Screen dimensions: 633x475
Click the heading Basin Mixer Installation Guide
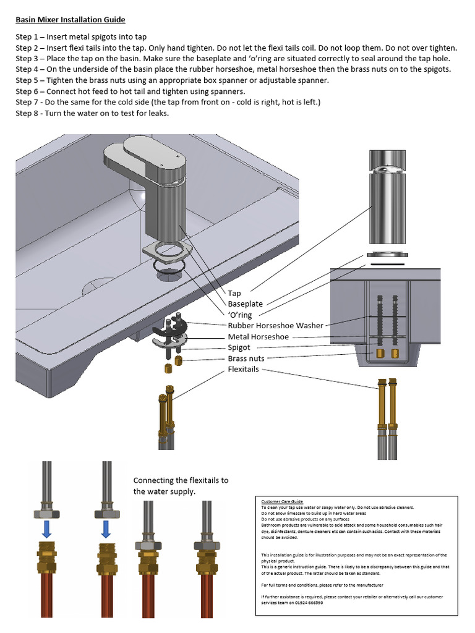coord(70,20)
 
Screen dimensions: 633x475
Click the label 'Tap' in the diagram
coord(234,293)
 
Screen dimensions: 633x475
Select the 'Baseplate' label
coord(246,304)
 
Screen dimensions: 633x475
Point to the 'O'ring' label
coord(240,315)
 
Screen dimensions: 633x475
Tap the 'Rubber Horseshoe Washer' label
coord(275,326)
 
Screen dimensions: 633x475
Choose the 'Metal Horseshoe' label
coord(259,337)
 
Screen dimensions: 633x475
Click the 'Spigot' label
coord(239,348)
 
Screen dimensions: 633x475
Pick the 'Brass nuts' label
coord(246,359)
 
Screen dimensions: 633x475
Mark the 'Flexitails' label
coord(244,370)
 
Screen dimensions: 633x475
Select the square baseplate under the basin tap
coord(168,252)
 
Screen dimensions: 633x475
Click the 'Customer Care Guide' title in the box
coord(282,501)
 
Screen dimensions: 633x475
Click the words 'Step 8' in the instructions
coord(28,113)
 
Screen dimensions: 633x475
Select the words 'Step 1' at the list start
coord(28,36)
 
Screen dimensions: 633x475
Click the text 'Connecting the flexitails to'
coord(181,480)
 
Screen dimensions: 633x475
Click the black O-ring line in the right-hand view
coord(387,263)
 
